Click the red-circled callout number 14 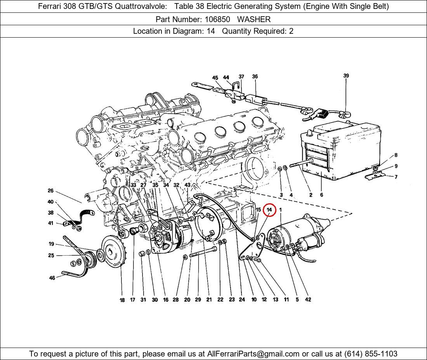tap(269, 210)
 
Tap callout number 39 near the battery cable tap(346, 76)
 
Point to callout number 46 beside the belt tap(52, 278)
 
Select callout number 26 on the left tap(50, 191)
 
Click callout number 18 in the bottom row tap(122, 300)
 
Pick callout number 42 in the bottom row tap(308, 299)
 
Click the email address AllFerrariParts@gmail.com tap(253, 354)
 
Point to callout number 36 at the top tap(255, 77)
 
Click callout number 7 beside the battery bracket tap(396, 177)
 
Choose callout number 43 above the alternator tap(187, 185)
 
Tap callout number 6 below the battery tap(321, 195)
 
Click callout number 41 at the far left tap(51, 223)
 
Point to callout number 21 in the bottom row tap(209, 299)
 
